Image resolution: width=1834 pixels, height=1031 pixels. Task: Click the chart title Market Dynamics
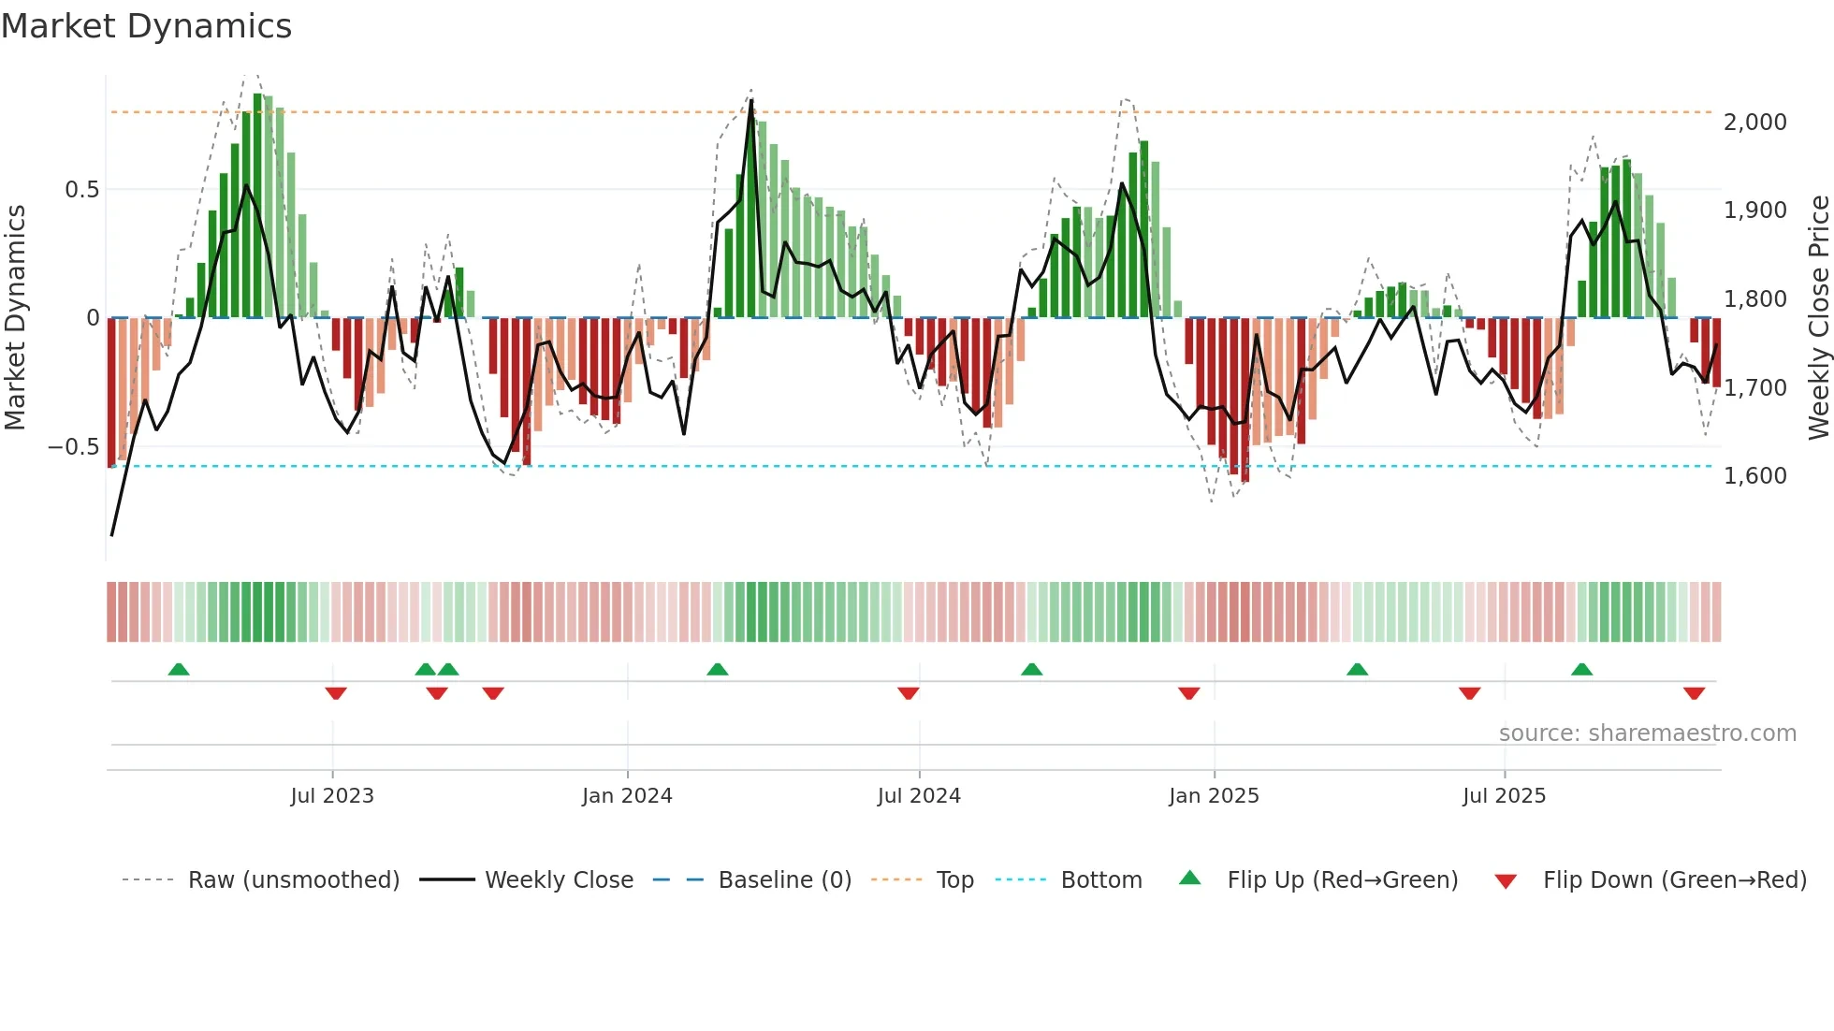[147, 26]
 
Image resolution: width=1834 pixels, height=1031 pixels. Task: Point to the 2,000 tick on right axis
[1754, 123]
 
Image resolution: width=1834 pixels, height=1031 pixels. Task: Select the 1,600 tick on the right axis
[1754, 476]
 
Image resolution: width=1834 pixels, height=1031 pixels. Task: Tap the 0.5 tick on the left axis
[81, 190]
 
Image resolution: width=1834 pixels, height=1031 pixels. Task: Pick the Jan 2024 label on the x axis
[627, 796]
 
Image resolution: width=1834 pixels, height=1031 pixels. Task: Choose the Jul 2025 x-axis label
[1504, 796]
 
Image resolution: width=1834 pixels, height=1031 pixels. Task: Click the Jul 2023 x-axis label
[332, 796]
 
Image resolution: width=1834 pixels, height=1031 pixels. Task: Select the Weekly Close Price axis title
[1818, 317]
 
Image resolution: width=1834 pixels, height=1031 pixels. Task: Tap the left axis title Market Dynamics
[15, 317]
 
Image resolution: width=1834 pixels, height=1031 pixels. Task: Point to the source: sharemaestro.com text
[1647, 733]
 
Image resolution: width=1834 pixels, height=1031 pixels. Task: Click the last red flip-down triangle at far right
[1694, 693]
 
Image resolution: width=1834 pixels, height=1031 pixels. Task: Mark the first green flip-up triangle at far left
[179, 669]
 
